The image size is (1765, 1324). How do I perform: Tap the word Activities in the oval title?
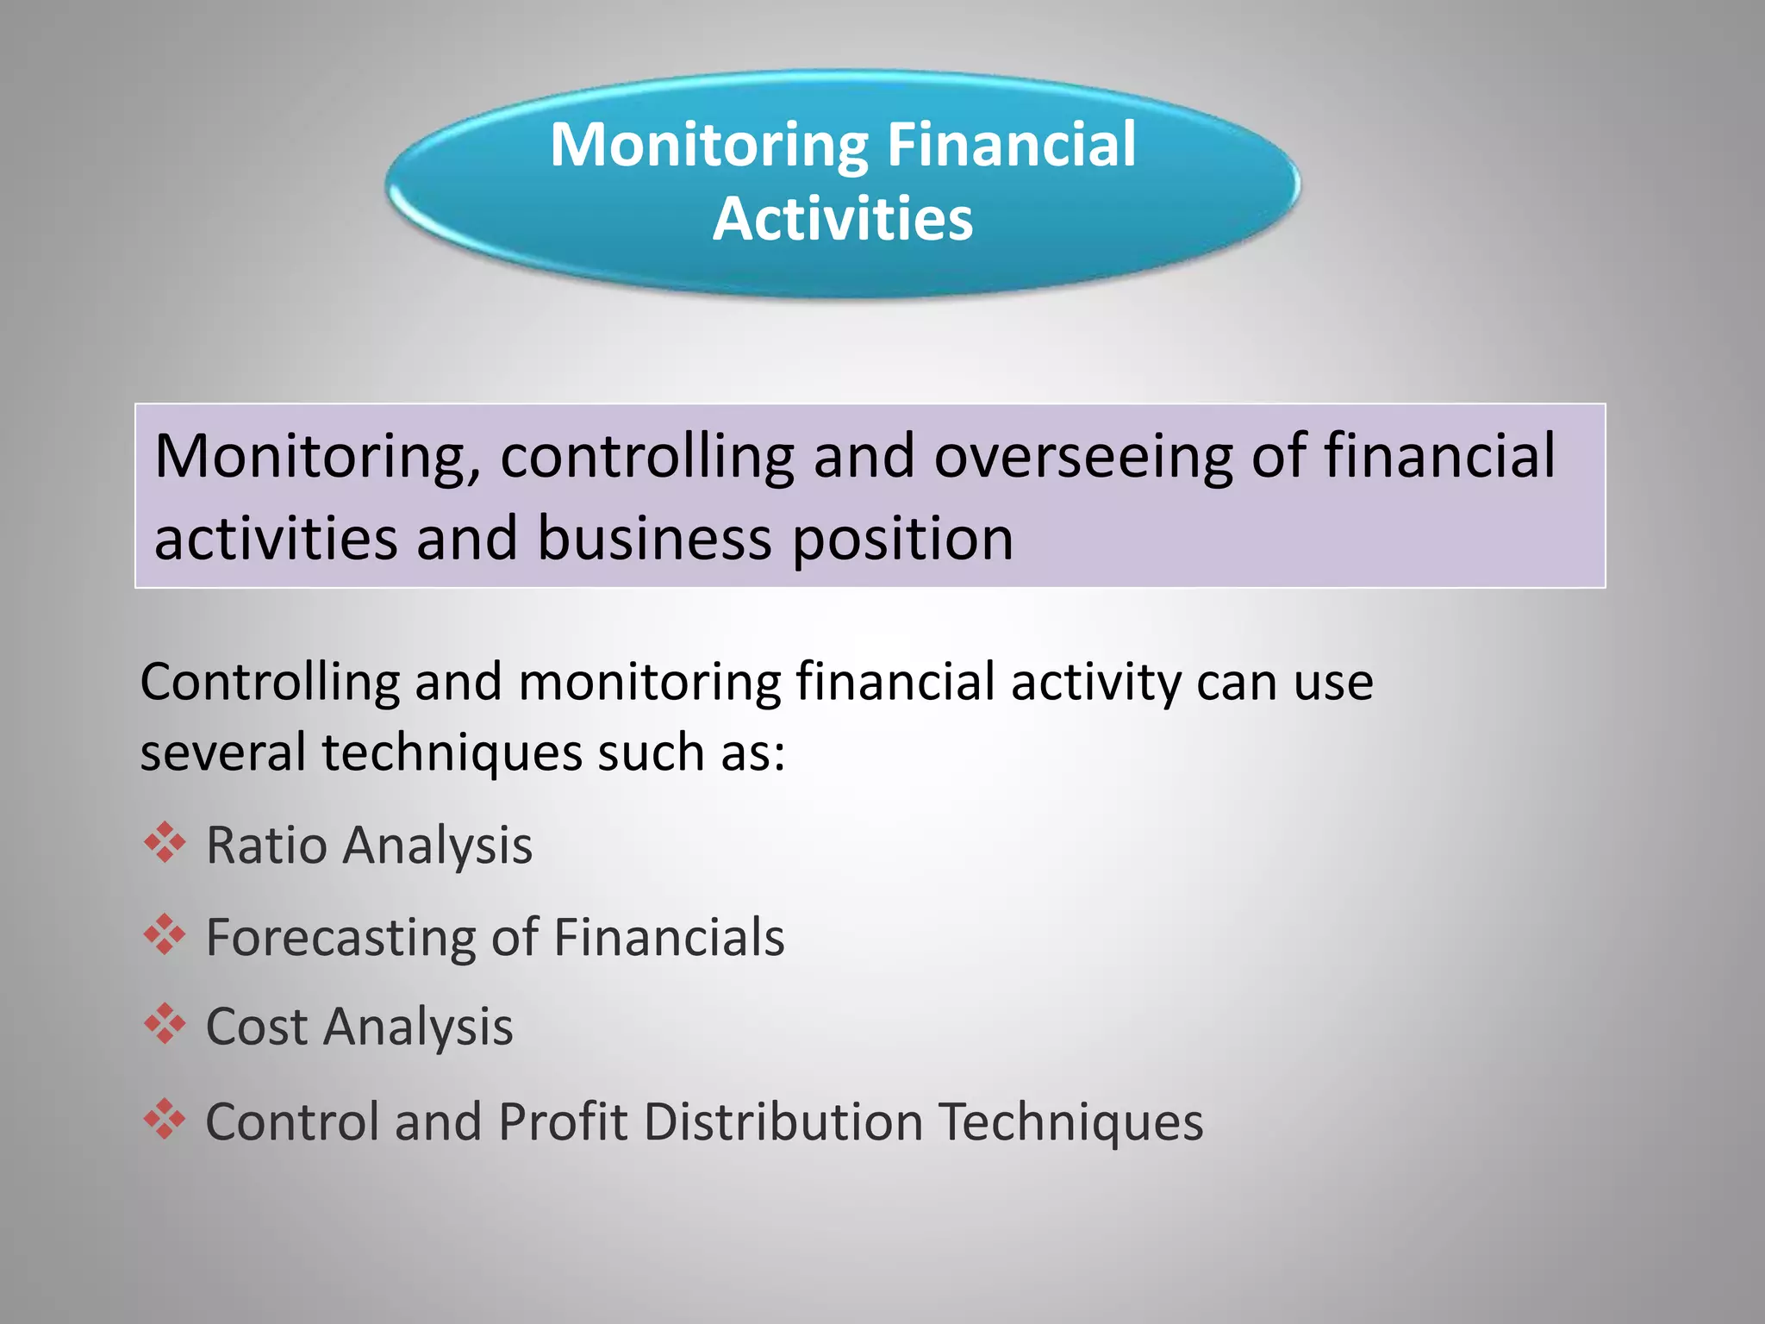pyautogui.click(x=843, y=219)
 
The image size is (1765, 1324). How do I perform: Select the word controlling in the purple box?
pyautogui.click(x=646, y=457)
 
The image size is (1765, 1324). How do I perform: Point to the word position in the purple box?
pyautogui.click(x=902, y=540)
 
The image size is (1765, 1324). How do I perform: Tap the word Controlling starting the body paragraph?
pyautogui.click(x=270, y=683)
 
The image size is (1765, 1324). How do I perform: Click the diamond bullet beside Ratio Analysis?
pyautogui.click(x=165, y=843)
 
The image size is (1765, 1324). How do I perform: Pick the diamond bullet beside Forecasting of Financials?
pyautogui.click(x=165, y=935)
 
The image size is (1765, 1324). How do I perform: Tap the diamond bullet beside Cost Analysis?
pyautogui.click(x=165, y=1025)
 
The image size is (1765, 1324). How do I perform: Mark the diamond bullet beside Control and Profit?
pyautogui.click(x=165, y=1120)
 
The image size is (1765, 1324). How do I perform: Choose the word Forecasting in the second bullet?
pyautogui.click(x=340, y=938)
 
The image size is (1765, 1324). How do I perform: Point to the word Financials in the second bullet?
pyautogui.click(x=669, y=938)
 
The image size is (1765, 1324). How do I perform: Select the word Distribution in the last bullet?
pyautogui.click(x=783, y=1122)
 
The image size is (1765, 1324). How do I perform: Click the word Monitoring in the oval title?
pyautogui.click(x=709, y=145)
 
